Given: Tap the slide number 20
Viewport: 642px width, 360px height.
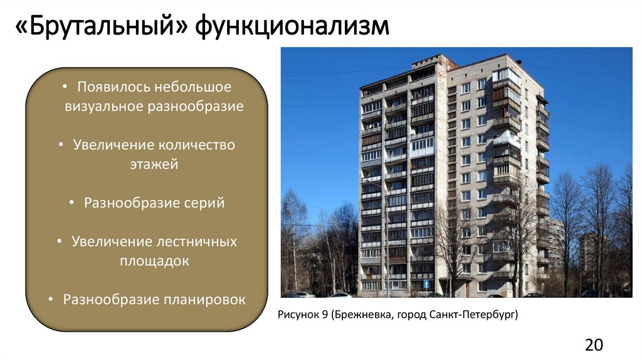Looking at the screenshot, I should click(x=594, y=344).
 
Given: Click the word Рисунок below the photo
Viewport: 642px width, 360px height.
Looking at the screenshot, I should click(x=298, y=314).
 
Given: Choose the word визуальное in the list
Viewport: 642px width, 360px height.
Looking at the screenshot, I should click(x=103, y=105).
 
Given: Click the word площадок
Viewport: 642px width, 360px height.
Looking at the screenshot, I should click(x=154, y=261).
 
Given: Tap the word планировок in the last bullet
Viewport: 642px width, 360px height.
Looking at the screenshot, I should click(x=208, y=299).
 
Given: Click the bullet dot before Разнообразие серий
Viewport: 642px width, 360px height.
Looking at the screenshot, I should click(x=71, y=203).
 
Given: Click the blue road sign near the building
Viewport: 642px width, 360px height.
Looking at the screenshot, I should click(x=427, y=283).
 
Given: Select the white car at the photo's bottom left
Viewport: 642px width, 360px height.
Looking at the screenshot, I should click(x=303, y=294).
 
